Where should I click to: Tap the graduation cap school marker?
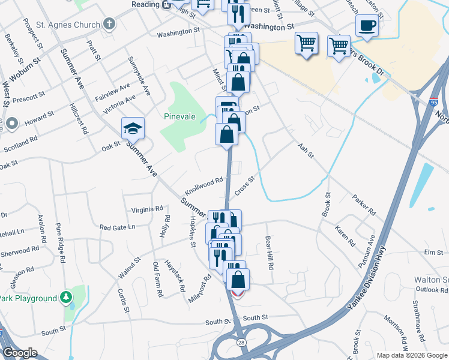coord(133,128)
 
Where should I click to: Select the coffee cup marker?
coord(367,26)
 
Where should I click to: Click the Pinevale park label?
coord(180,116)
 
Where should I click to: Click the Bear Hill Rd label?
coord(270,253)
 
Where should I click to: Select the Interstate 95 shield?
coord(433,103)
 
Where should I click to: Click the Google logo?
coord(20,353)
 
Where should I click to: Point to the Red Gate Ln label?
coord(118,227)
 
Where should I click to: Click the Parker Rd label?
coord(364,205)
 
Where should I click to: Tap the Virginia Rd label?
coord(147,210)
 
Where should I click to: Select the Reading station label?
coord(146,5)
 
